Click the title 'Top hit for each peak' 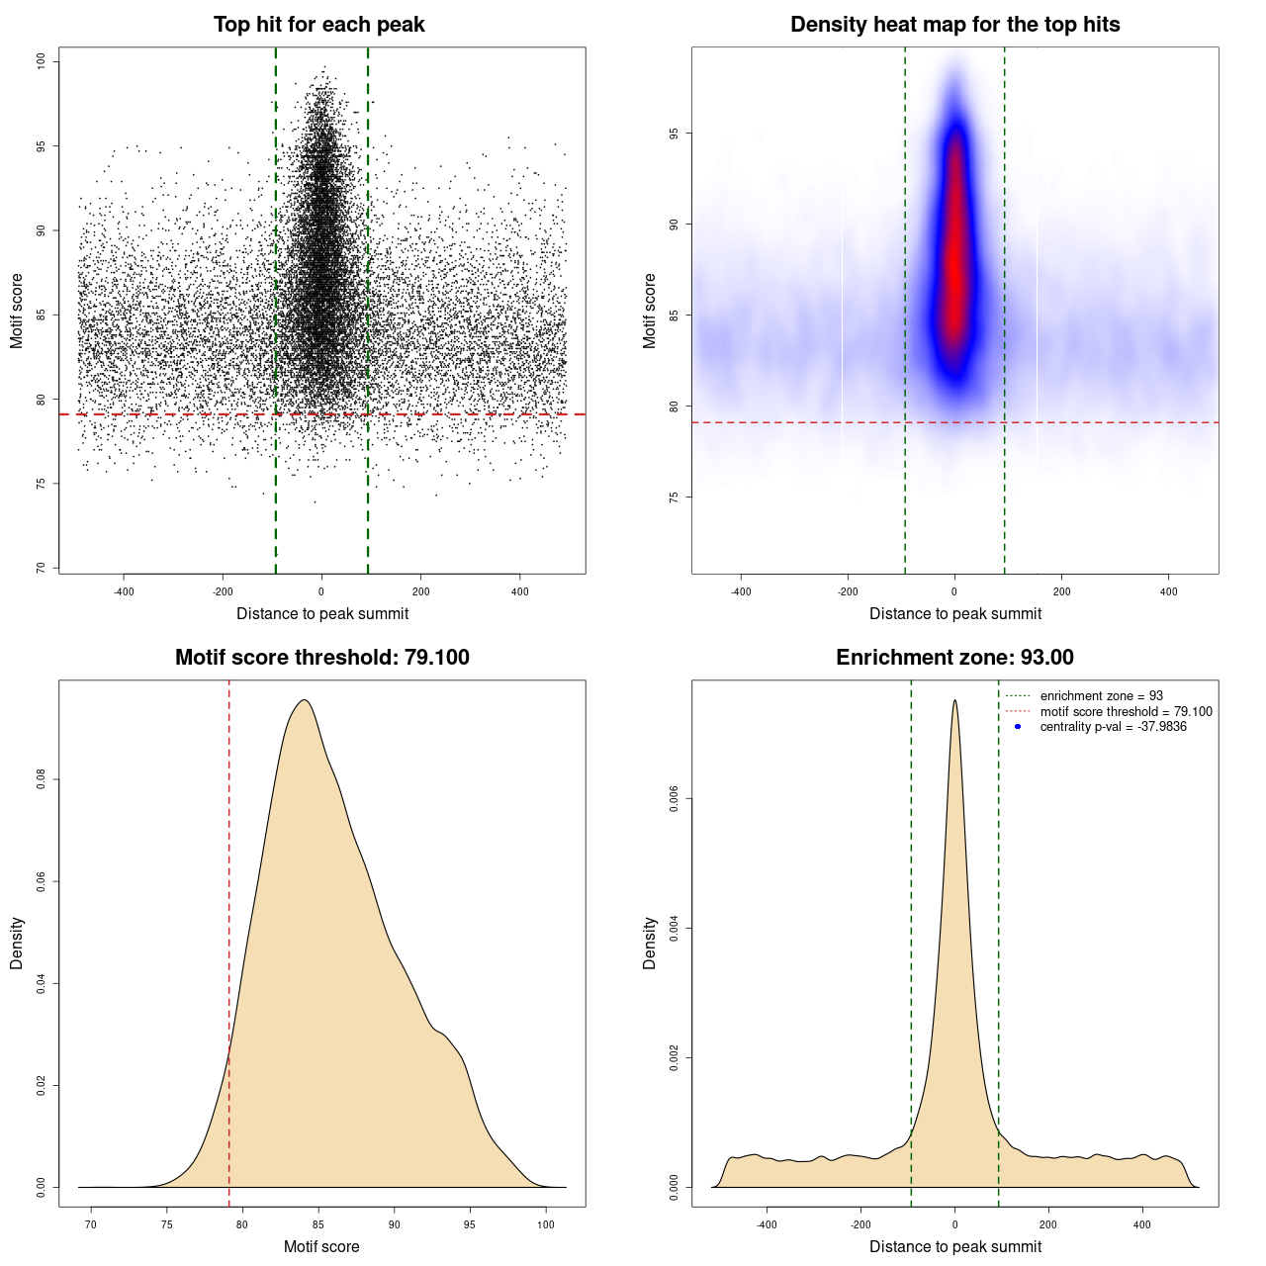pos(318,25)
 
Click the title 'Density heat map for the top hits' pos(954,25)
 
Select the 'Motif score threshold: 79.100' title pos(321,658)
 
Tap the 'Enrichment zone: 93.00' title pos(954,658)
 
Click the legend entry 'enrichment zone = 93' pos(1101,696)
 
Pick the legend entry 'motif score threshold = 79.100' pos(1126,712)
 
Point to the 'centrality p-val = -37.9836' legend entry pos(1113,727)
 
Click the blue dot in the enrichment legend pos(1018,727)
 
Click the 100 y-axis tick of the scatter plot pos(42,61)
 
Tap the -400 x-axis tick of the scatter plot pos(124,591)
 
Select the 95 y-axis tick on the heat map pos(675,134)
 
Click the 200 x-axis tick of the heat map pos(1061,591)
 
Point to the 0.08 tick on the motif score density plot pos(42,779)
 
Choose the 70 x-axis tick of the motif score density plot pos(91,1224)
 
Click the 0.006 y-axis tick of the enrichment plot pos(675,799)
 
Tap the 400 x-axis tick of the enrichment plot pos(1142,1224)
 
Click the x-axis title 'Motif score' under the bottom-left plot pos(321,1247)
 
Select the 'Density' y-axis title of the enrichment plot pos(650,943)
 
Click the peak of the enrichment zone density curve pos(954,701)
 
